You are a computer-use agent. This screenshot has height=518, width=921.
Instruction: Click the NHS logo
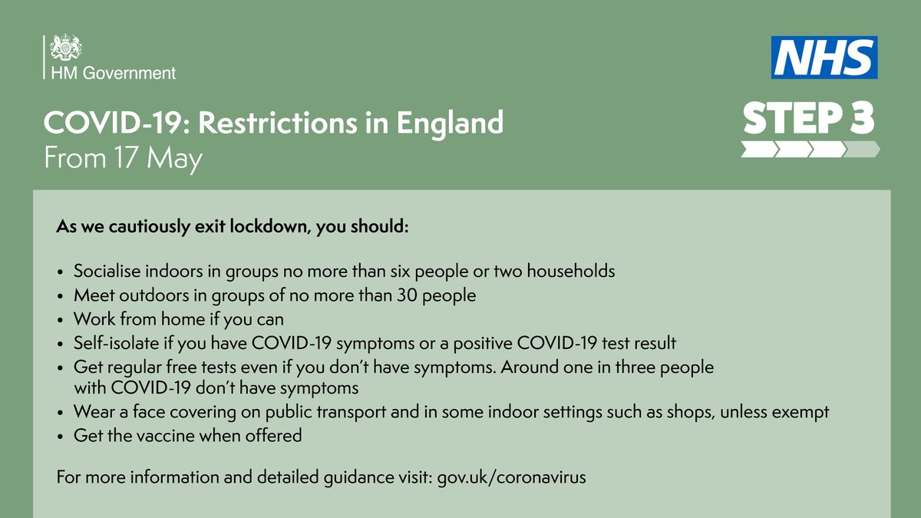(824, 58)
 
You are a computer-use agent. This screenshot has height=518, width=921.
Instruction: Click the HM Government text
(113, 74)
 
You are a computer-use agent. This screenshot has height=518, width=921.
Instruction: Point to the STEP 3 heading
(808, 119)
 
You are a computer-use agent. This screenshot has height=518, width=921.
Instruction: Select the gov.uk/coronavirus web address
(511, 477)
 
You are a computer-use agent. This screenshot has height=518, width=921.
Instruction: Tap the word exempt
(801, 412)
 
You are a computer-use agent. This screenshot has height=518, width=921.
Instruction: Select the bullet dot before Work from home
(61, 319)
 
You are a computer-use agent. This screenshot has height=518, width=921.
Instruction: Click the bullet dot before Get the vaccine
(61, 437)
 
